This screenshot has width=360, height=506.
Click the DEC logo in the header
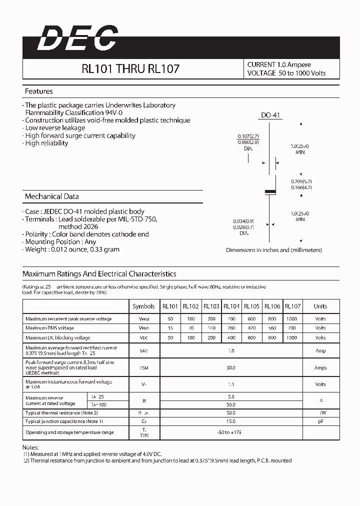(x=77, y=38)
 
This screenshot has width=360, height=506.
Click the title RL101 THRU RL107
(x=130, y=69)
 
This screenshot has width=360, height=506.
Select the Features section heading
(x=39, y=91)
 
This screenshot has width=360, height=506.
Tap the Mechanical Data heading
(x=51, y=196)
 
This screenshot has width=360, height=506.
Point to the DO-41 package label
(x=271, y=115)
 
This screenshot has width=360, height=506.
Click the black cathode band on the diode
(x=270, y=191)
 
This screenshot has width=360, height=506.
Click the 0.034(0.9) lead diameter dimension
(x=244, y=221)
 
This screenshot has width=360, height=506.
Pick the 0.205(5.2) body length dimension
(x=302, y=181)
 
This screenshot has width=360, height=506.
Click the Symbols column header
(x=143, y=306)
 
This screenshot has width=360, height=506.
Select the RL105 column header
(x=251, y=306)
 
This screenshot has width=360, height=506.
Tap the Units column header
(x=320, y=306)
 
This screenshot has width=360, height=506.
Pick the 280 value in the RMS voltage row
(x=231, y=328)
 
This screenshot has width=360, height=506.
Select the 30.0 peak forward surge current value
(x=231, y=367)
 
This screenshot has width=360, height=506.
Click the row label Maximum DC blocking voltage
(x=58, y=337)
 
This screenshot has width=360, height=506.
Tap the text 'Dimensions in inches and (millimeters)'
(x=274, y=250)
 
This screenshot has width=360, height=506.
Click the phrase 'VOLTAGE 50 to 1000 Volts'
(x=286, y=73)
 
